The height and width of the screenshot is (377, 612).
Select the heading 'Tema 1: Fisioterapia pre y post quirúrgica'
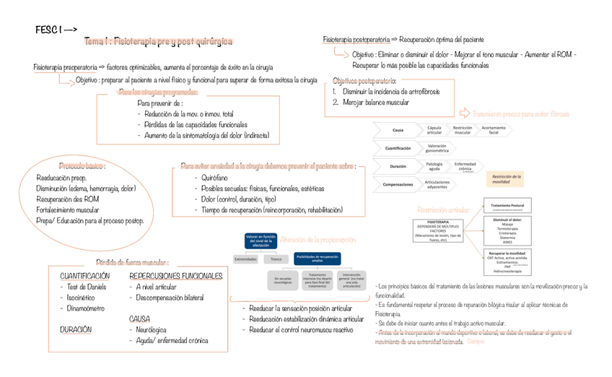158,42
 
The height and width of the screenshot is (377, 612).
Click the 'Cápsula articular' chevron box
434,131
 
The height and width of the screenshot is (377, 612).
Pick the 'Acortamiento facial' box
494,131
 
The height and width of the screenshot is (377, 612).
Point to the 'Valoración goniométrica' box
437,149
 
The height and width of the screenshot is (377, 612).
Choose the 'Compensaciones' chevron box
398,185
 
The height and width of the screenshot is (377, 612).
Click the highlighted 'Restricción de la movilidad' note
507,179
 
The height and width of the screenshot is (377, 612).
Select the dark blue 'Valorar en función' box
261,240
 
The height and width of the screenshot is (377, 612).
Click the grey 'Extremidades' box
245,259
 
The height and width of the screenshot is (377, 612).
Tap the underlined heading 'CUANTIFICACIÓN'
84,276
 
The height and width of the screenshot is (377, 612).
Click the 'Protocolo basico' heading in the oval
82,165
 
